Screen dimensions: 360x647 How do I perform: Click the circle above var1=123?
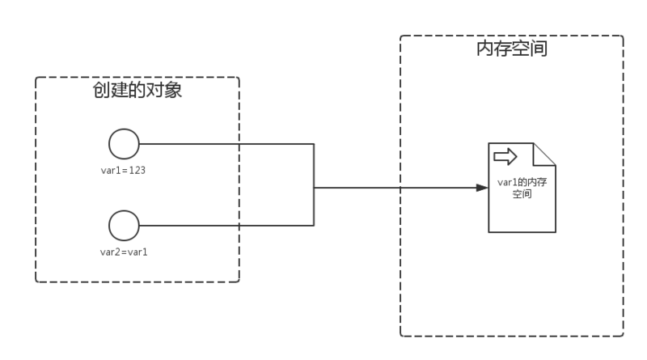click(x=124, y=145)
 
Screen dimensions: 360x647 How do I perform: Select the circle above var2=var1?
click(x=124, y=225)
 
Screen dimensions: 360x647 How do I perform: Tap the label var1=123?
click(x=123, y=171)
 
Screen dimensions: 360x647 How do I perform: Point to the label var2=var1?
click(x=124, y=252)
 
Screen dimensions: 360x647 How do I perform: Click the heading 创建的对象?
click(x=137, y=91)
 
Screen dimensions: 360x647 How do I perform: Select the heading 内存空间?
click(x=511, y=49)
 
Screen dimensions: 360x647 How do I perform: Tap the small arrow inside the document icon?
click(x=505, y=155)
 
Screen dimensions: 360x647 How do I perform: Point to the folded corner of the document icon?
click(x=545, y=153)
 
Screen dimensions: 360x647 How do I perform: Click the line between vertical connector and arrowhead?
click(x=388, y=188)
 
